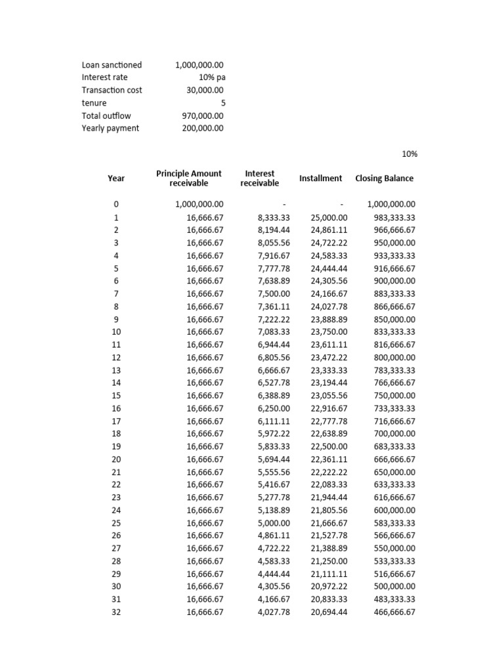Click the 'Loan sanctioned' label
[112, 65]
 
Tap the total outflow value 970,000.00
[203, 115]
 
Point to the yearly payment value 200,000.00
[203, 128]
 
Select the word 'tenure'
[94, 103]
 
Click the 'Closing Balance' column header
[385, 178]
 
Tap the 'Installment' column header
[320, 178]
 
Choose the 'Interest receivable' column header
[260, 178]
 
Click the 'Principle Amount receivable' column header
[189, 178]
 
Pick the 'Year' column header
[116, 178]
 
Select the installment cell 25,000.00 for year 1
[329, 217]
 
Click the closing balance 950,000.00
[392, 243]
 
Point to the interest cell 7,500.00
[274, 293]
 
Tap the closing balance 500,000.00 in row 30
[392, 586]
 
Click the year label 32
[116, 612]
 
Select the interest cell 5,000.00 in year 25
[274, 523]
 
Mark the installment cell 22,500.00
[329, 446]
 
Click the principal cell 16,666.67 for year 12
[205, 358]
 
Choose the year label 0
[116, 205]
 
